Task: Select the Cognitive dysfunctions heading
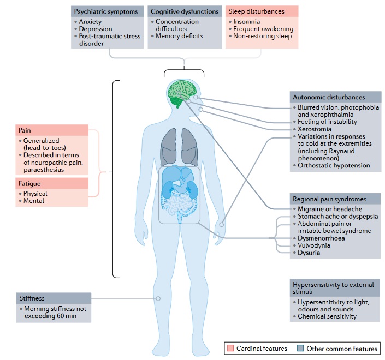[184, 11]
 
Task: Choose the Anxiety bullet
[90, 21]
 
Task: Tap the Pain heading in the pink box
[25, 131]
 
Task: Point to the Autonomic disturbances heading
[327, 98]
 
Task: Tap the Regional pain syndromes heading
[329, 199]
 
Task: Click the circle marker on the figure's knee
[158, 298]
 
